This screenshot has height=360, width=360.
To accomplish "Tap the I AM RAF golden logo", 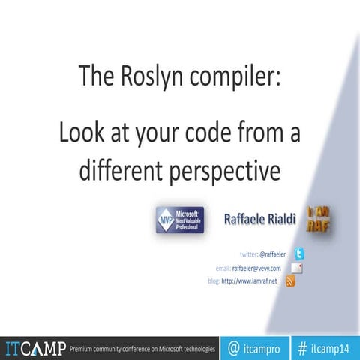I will pyautogui.click(x=319, y=219).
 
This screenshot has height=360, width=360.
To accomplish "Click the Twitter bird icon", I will pyautogui.click(x=298, y=254).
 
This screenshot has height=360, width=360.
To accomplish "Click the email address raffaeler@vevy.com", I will pyautogui.click(x=256, y=268).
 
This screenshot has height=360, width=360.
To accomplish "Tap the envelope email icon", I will pyautogui.click(x=298, y=268).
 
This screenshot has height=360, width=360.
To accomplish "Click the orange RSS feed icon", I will pyautogui.click(x=291, y=280).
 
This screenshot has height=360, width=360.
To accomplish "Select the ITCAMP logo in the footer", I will pyautogui.click(x=34, y=348).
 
